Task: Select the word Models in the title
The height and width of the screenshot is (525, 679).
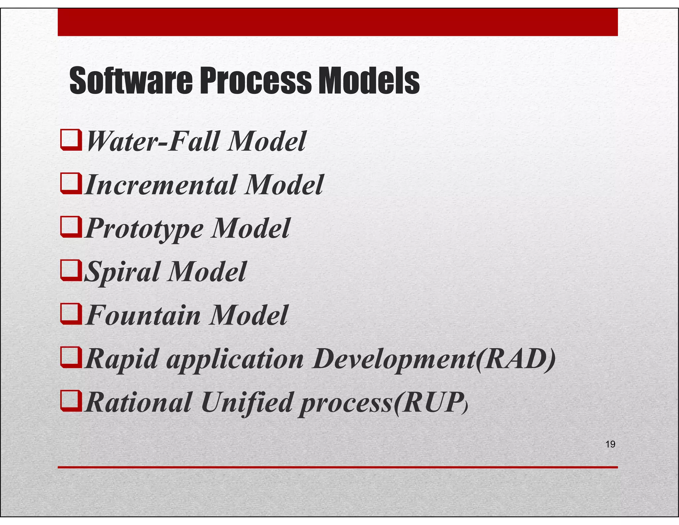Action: point(369,81)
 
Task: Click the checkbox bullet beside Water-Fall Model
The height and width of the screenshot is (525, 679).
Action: point(71,141)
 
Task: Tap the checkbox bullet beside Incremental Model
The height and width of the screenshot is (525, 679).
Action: point(71,184)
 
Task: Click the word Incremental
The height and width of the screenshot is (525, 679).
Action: point(161,185)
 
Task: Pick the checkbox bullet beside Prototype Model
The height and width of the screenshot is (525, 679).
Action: point(71,227)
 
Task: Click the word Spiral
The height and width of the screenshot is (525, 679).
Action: point(122,272)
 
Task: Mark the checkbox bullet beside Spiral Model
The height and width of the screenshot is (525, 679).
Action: point(71,271)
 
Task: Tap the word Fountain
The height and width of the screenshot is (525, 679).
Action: point(143,315)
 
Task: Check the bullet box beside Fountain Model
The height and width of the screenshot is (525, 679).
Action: point(71,314)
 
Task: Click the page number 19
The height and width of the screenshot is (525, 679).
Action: point(610,444)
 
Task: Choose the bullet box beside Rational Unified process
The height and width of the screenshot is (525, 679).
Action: point(71,401)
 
